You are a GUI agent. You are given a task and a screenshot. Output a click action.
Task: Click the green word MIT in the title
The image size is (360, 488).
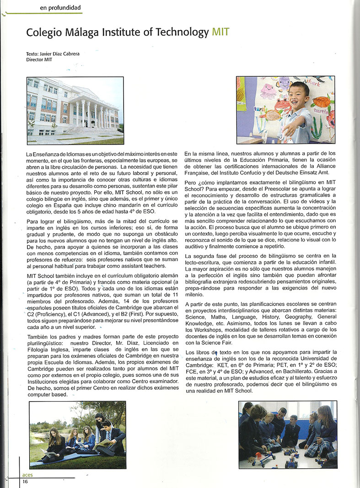pyautogui.click(x=220, y=32)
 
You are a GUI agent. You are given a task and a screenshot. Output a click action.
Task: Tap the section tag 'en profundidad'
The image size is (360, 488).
pyautogui.click(x=60, y=7)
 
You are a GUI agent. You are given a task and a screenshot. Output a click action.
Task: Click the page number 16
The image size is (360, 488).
pyautogui.click(x=25, y=482)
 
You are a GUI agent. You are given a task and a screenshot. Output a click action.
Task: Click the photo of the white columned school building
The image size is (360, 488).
pyautogui.click(x=75, y=110)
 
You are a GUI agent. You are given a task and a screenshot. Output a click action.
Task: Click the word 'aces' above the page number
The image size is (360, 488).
pyautogui.click(x=27, y=475)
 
